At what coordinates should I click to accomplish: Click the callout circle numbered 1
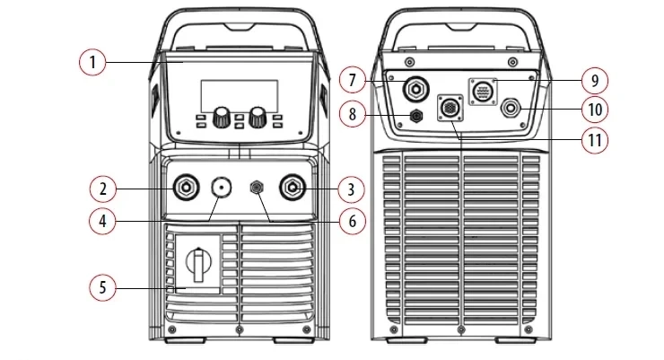click(92, 63)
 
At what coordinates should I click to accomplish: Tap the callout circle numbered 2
click(103, 189)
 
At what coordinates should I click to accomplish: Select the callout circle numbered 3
click(351, 189)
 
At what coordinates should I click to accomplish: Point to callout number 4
click(102, 221)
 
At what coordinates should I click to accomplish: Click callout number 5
click(102, 287)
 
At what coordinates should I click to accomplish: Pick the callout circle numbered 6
click(353, 221)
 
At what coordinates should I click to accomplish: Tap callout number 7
click(353, 80)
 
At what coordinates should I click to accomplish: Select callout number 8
click(353, 114)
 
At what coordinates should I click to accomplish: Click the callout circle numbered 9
click(595, 81)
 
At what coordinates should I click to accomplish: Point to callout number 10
click(595, 110)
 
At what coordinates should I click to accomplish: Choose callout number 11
click(595, 140)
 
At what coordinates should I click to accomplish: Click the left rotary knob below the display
click(221, 118)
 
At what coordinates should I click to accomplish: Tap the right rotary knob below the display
click(258, 118)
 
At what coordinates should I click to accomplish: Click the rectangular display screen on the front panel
click(240, 96)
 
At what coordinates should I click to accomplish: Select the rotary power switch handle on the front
click(198, 265)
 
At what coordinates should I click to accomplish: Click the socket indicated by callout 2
click(187, 188)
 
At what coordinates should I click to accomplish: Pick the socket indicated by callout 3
click(293, 188)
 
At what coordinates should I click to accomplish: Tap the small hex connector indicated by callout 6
click(257, 187)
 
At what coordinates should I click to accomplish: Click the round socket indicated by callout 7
click(415, 90)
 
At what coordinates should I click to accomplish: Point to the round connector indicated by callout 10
click(511, 108)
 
